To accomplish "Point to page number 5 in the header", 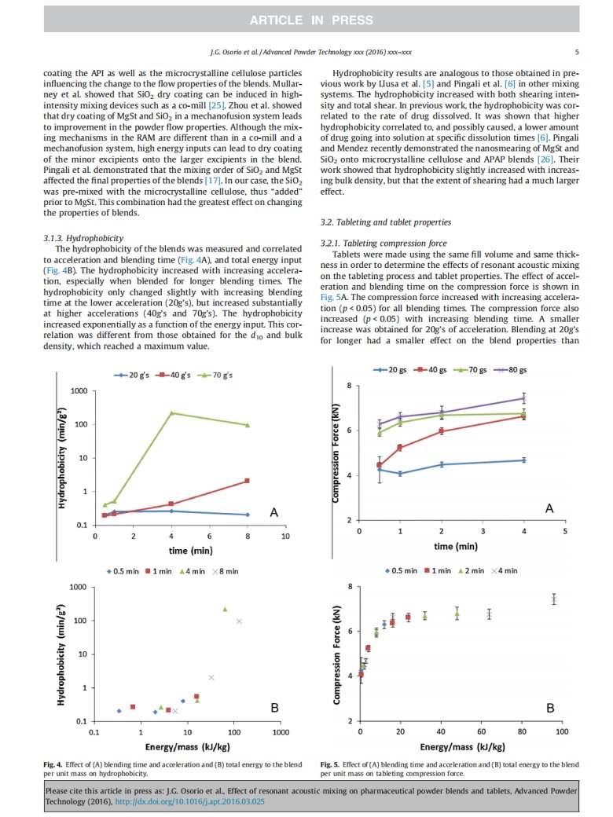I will [577, 53].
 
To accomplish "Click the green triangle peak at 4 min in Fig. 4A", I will [171, 413].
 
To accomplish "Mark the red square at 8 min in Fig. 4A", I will [248, 481].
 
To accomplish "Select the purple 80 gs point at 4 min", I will [523, 398].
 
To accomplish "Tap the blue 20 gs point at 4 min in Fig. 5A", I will [523, 460].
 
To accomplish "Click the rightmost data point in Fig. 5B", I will [553, 599].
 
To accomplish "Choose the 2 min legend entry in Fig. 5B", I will [471, 571].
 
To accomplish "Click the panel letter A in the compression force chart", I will [549, 509].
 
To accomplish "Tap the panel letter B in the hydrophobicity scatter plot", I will [274, 708].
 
